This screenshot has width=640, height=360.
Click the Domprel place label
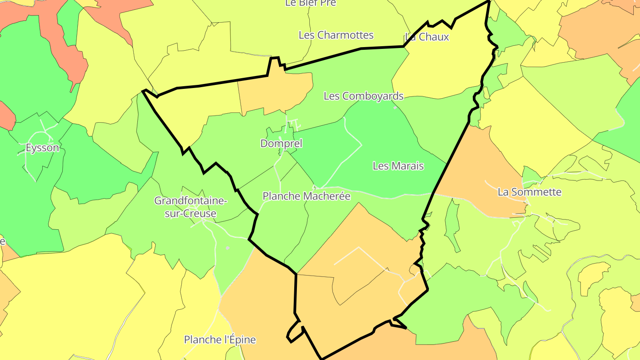click(x=281, y=144)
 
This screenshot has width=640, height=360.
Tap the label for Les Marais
click(x=398, y=166)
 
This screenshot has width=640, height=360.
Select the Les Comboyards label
click(x=364, y=96)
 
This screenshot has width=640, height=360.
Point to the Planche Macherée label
click(x=307, y=196)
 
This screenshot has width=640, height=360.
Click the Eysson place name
click(x=42, y=148)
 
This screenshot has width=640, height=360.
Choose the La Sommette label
click(x=529, y=192)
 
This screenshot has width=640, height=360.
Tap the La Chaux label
click(x=428, y=37)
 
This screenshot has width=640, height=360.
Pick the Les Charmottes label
click(x=336, y=35)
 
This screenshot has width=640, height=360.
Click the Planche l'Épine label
click(x=220, y=340)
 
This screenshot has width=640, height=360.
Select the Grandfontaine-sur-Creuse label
click(x=191, y=207)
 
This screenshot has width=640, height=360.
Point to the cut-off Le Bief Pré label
click(x=311, y=3)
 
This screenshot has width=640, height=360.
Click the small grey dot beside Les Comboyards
click(x=395, y=107)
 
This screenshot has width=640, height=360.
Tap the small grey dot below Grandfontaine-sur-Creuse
click(x=228, y=248)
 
